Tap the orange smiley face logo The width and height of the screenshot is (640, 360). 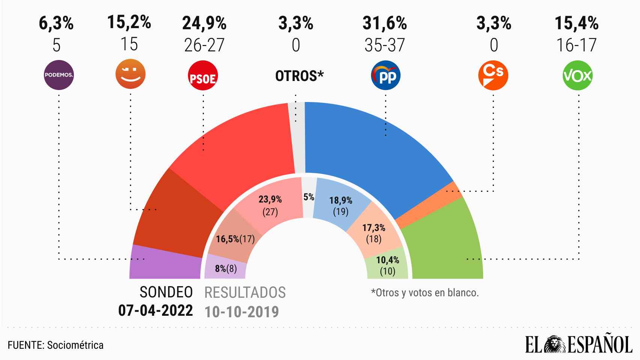(130, 75)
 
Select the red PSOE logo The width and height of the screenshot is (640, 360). (203, 76)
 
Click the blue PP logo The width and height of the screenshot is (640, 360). (386, 76)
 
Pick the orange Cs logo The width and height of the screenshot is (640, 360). (493, 75)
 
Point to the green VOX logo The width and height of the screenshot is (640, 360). (578, 75)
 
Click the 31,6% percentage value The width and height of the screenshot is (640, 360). (385, 24)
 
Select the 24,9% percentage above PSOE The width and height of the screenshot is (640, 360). (204, 24)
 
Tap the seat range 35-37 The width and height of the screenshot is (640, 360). (385, 45)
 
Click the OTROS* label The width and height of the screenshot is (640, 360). (299, 76)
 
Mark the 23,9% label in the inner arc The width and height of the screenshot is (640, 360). (270, 199)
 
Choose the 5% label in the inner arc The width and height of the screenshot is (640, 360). (308, 196)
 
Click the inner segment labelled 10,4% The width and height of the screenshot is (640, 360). (388, 265)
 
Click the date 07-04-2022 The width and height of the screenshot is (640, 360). (156, 310)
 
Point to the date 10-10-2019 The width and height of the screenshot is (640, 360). (242, 311)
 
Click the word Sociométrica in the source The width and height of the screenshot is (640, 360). (75, 345)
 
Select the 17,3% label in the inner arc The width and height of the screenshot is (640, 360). (373, 227)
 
